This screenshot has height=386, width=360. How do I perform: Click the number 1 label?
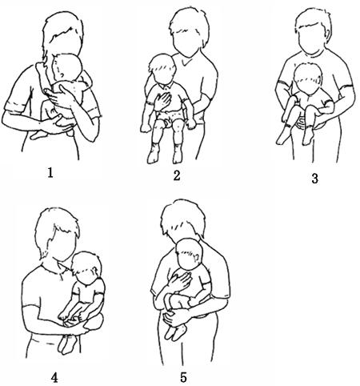50,174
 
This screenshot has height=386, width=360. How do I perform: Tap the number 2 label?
177,175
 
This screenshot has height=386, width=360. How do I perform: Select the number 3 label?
314,179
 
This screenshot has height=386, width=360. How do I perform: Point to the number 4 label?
54,377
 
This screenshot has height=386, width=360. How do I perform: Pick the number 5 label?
183,378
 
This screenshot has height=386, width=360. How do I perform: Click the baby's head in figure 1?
67,67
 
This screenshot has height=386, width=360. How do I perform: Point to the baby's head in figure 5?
189,253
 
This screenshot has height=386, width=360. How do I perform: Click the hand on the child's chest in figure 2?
163,101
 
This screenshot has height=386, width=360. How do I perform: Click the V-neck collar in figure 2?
186,63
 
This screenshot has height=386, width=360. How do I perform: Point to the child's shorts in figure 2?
169,118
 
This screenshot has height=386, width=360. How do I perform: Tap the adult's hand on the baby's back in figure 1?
59,95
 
